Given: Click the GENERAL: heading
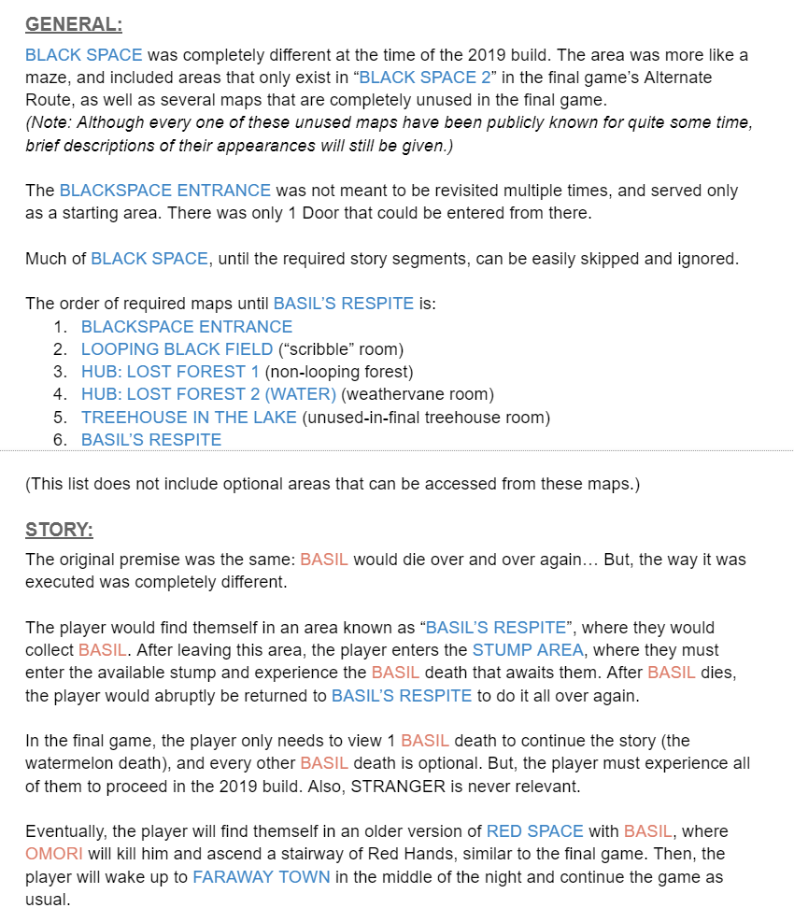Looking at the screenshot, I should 74,25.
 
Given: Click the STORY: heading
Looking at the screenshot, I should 59,531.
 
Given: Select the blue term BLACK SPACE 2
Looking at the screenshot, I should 428,78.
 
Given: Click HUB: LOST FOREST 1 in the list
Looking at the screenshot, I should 170,372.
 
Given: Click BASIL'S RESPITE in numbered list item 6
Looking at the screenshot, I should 151,440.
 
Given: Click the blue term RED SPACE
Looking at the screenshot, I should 534,831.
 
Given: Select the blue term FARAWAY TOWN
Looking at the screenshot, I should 262,877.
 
